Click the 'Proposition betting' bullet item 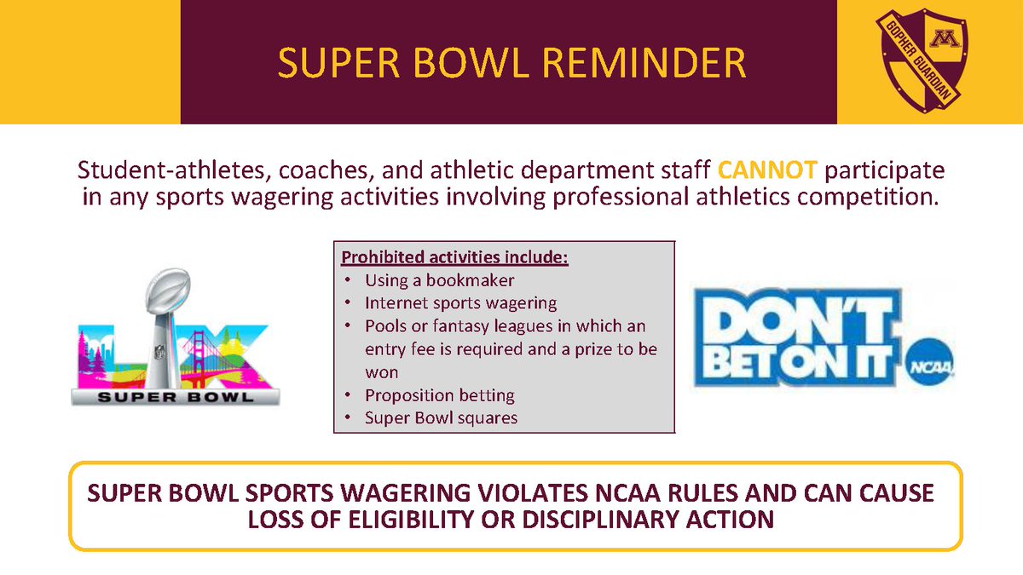coord(439,395)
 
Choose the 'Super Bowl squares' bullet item coord(441,417)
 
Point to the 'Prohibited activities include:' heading coord(454,257)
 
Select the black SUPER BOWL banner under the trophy coord(175,395)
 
